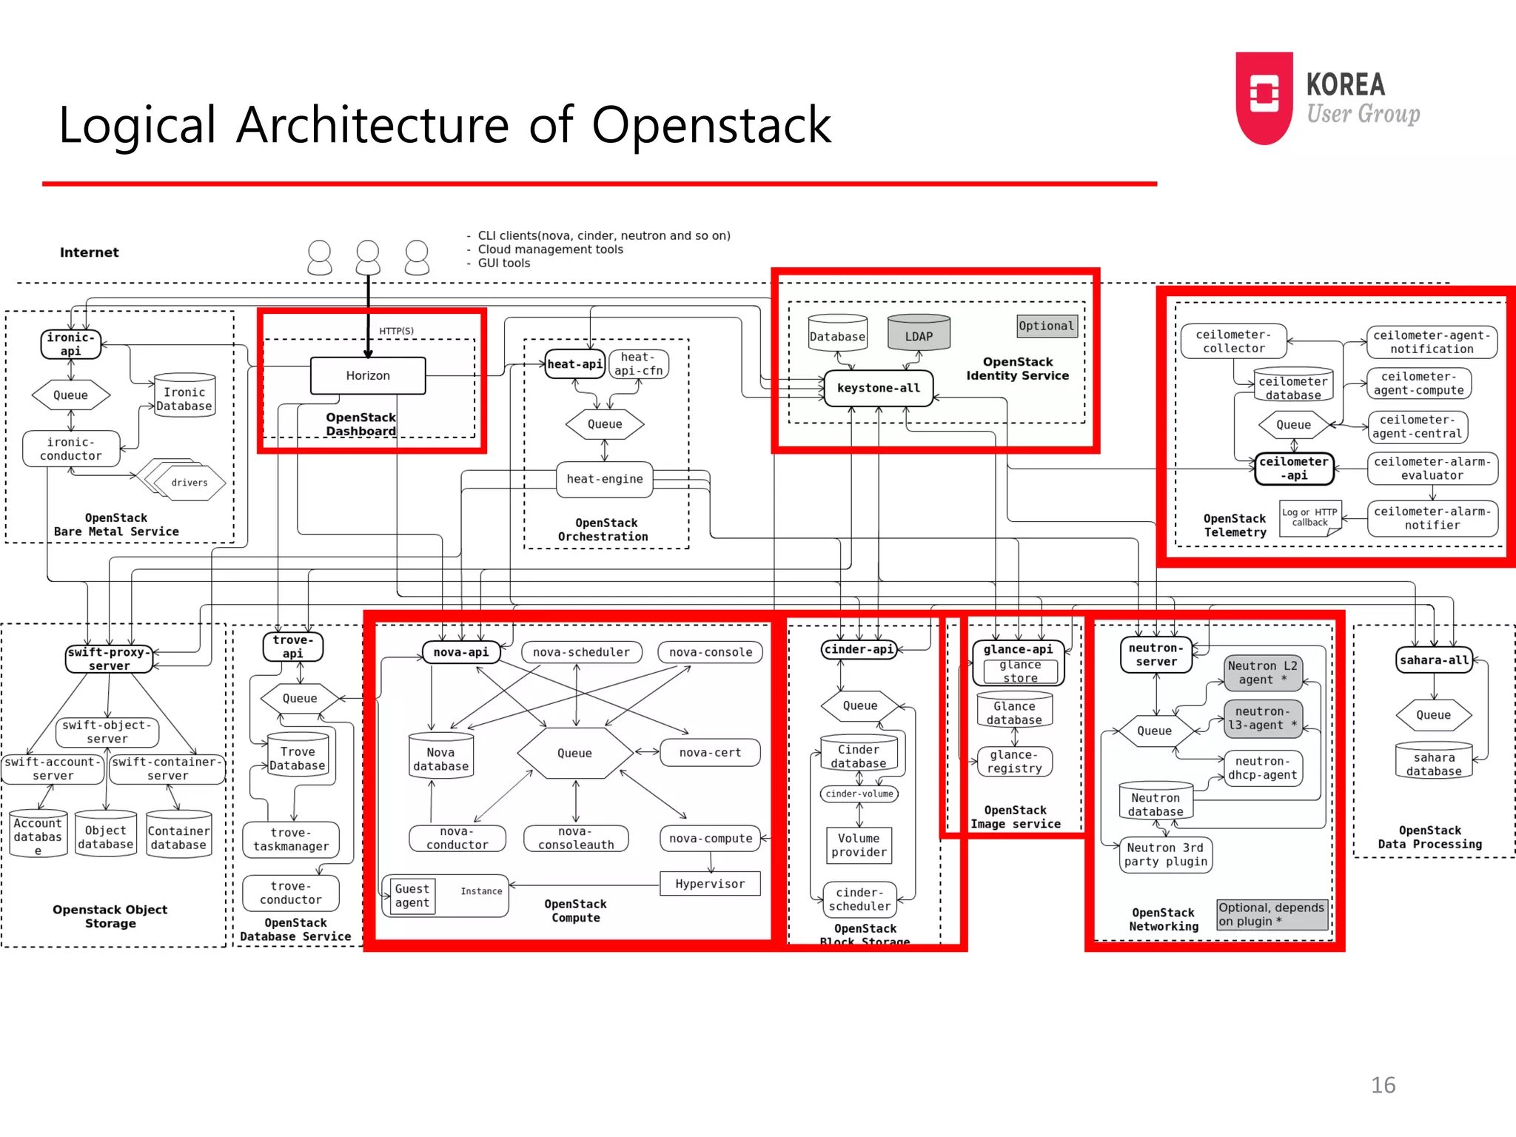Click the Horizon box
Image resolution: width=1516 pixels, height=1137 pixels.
pos(368,375)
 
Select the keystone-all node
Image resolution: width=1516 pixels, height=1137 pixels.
pos(879,388)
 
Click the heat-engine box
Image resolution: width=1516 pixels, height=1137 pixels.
pos(605,479)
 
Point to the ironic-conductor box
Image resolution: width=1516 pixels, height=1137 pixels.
pos(71,449)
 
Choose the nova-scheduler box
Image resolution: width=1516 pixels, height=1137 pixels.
pos(581,652)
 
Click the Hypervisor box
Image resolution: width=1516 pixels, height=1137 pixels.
pos(710,884)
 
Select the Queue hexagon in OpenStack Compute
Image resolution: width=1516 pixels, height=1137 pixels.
pos(575,753)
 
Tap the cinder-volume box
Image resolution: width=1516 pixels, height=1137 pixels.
pos(859,794)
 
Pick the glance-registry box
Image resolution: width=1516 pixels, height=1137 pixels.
pos(1014,761)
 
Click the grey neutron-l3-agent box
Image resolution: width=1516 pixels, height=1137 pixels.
pos(1262,718)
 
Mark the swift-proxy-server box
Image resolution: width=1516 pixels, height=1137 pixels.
pos(109,659)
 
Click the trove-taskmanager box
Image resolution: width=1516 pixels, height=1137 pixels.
pos(291,839)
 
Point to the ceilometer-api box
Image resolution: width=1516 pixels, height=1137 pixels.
pos(1294,469)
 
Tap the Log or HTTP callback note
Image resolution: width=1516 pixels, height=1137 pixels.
pos(1310,517)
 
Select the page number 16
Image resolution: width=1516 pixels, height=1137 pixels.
pos(1383,1085)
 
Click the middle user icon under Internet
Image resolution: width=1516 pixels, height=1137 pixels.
pos(368,258)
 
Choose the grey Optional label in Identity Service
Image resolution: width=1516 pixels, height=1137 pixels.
pos(1046,326)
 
